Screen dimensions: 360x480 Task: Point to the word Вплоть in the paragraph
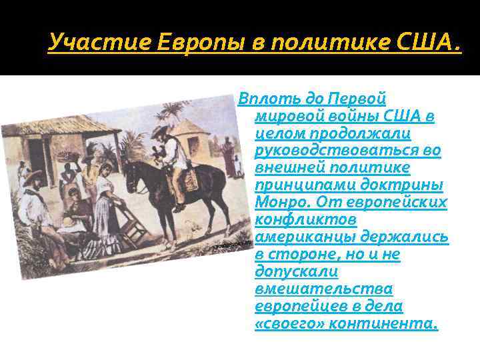262,99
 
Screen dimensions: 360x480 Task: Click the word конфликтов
306,220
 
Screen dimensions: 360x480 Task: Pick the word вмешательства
323,289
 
